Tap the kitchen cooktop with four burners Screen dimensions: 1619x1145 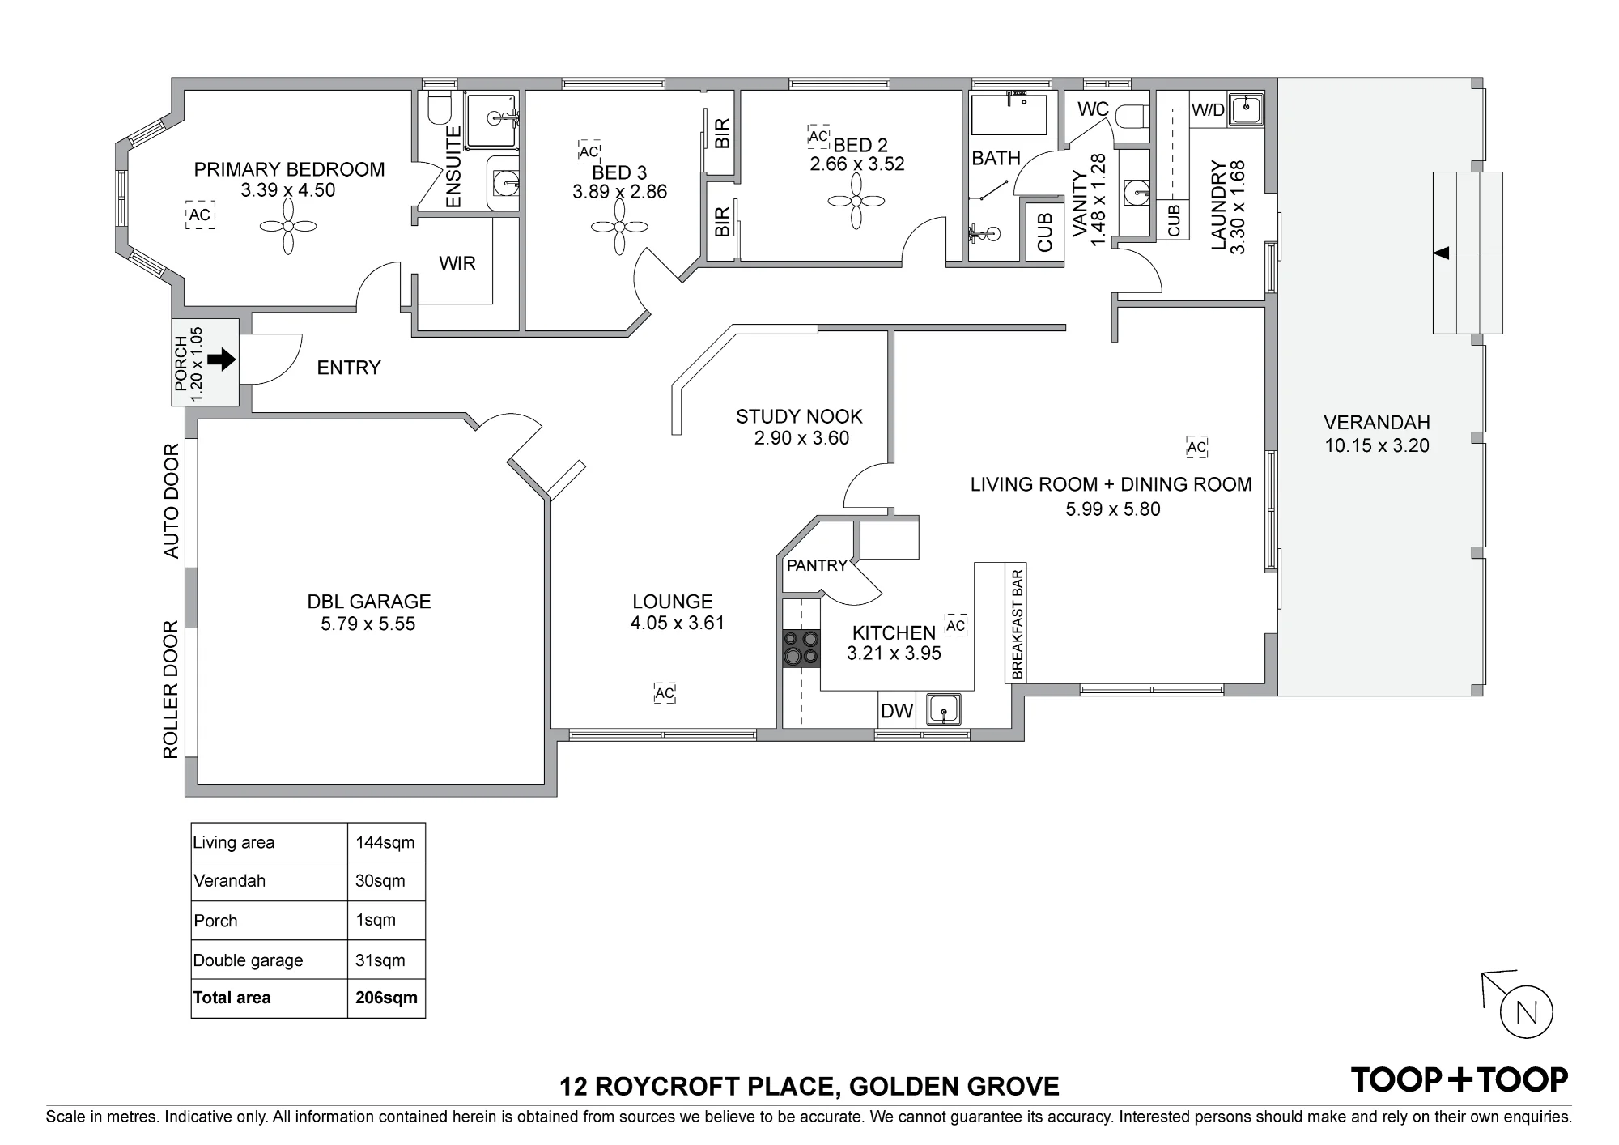point(801,649)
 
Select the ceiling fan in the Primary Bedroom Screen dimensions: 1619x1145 point(287,227)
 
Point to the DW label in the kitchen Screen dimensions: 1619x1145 point(896,712)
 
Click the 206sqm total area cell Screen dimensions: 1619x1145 point(386,998)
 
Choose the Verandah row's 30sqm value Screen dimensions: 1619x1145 point(380,881)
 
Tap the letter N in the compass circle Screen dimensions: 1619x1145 point(1527,1013)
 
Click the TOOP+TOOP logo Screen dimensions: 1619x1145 point(1460,1079)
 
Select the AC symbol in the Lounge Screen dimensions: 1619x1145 point(665,693)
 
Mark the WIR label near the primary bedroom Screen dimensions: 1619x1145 point(457,263)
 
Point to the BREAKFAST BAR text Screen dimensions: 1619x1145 point(1018,624)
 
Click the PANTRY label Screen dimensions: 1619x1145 point(817,565)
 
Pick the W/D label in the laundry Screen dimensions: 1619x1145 point(1208,110)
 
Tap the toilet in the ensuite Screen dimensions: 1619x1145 point(440,110)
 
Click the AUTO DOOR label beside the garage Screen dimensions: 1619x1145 point(172,500)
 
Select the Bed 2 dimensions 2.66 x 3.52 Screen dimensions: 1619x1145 point(857,164)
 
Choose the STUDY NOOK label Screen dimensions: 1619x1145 point(799,416)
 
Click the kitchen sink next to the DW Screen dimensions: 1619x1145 point(943,710)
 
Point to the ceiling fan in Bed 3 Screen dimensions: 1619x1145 point(619,227)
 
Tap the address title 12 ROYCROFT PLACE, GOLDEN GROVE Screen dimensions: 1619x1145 point(809,1086)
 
